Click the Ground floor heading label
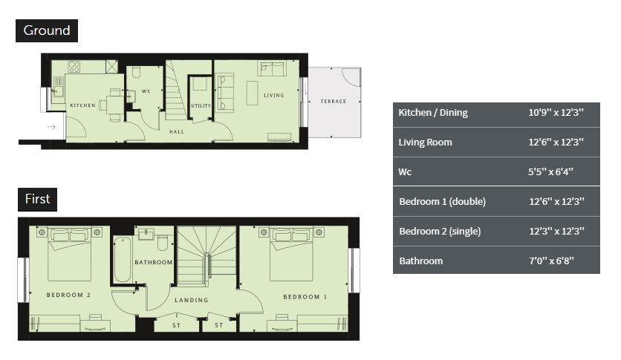[x=47, y=30]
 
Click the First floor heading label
[x=38, y=199]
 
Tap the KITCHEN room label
[x=82, y=105]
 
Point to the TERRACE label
[x=334, y=101]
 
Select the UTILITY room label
[x=201, y=105]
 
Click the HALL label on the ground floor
[x=177, y=131]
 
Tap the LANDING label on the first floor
[x=192, y=301]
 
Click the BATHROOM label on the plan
[x=154, y=262]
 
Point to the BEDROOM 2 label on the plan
[x=68, y=295]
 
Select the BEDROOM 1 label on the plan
[x=305, y=297]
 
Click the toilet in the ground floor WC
[x=136, y=72]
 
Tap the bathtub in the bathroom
[x=123, y=260]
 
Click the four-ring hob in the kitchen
[x=74, y=67]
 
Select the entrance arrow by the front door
[x=51, y=127]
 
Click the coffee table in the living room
[x=253, y=93]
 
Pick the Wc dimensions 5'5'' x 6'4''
[x=550, y=171]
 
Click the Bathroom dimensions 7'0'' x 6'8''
[x=551, y=261]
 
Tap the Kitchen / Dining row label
[x=433, y=113]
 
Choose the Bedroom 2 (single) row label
[x=440, y=232]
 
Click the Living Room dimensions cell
[x=556, y=142]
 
